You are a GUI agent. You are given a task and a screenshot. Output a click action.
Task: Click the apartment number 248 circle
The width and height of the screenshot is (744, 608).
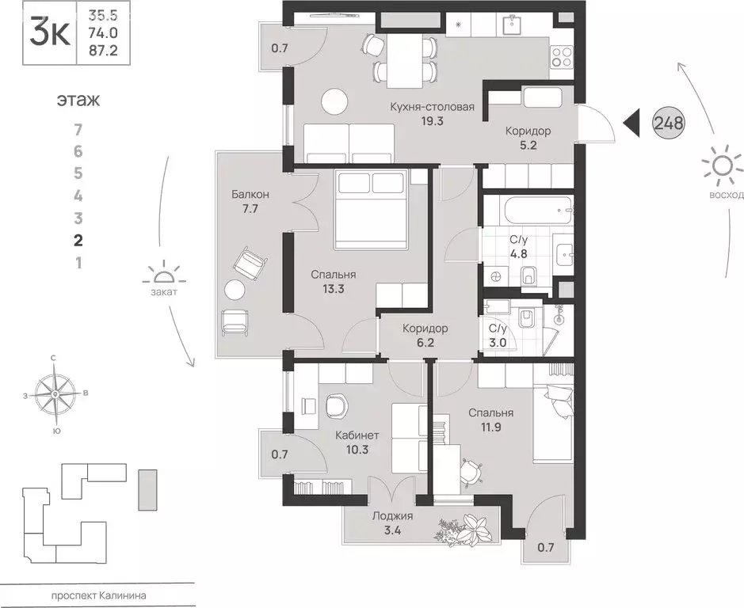tap(669, 123)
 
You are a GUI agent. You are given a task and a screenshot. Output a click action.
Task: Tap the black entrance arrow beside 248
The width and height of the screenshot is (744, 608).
tap(631, 123)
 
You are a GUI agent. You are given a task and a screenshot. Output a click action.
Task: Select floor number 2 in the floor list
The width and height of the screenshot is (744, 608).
tap(78, 241)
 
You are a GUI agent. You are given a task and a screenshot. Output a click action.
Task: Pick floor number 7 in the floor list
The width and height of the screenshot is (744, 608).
tap(78, 129)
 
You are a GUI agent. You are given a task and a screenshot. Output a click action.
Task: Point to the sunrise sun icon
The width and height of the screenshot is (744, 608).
tap(722, 166)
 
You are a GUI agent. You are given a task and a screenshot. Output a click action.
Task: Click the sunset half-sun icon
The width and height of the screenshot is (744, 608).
tap(164, 273)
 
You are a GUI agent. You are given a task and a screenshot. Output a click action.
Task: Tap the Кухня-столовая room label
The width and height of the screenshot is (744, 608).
tap(433, 107)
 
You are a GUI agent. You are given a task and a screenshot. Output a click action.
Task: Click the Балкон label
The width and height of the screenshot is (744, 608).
tap(250, 194)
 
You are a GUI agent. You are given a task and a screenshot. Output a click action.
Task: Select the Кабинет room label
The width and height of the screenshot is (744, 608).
tap(357, 435)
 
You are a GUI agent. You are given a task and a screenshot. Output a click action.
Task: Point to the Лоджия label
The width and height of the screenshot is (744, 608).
tap(392, 516)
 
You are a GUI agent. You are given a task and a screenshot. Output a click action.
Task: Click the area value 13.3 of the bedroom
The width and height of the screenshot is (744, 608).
tap(333, 288)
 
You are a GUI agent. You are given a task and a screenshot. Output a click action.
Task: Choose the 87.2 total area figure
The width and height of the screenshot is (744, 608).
tap(103, 51)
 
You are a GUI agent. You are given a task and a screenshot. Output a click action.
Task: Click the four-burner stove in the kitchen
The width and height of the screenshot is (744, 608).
tap(561, 57)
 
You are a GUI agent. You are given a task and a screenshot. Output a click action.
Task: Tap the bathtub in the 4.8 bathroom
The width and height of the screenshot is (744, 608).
tap(536, 211)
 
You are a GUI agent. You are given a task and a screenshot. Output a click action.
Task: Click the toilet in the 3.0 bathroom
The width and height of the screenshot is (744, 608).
tap(526, 318)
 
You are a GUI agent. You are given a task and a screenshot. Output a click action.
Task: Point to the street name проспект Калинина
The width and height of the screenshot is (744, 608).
tap(98, 595)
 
